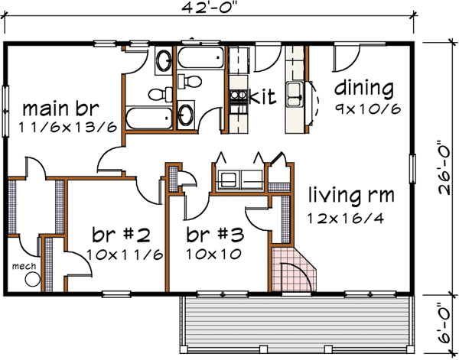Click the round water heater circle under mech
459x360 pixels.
[x=31, y=280]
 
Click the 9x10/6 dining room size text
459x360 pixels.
[x=367, y=109]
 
